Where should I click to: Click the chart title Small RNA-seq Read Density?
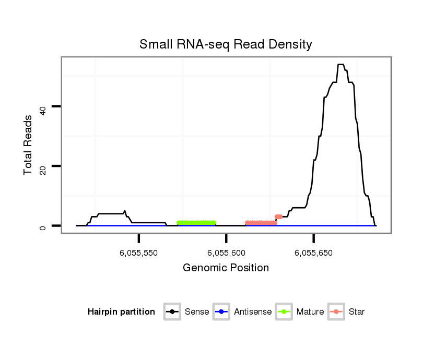click(x=226, y=44)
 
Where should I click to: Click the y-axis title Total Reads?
click(x=29, y=145)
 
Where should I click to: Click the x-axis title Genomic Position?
click(x=226, y=268)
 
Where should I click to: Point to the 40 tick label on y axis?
click(x=44, y=107)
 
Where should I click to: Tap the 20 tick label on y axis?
click(x=44, y=166)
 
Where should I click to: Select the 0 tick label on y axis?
click(x=44, y=226)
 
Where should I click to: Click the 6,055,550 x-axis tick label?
click(x=139, y=253)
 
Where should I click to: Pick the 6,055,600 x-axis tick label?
click(x=226, y=253)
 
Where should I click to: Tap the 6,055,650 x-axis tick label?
click(x=313, y=253)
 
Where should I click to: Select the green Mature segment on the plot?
click(x=196, y=223)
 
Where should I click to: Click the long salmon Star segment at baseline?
click(x=261, y=223)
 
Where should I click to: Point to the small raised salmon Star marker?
click(x=279, y=217)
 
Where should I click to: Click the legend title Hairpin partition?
click(x=121, y=312)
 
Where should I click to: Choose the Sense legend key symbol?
click(x=172, y=312)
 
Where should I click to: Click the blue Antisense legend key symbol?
click(x=221, y=312)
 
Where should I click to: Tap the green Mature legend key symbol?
click(x=284, y=312)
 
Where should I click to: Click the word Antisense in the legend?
click(x=252, y=312)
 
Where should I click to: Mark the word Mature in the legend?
click(x=310, y=312)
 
